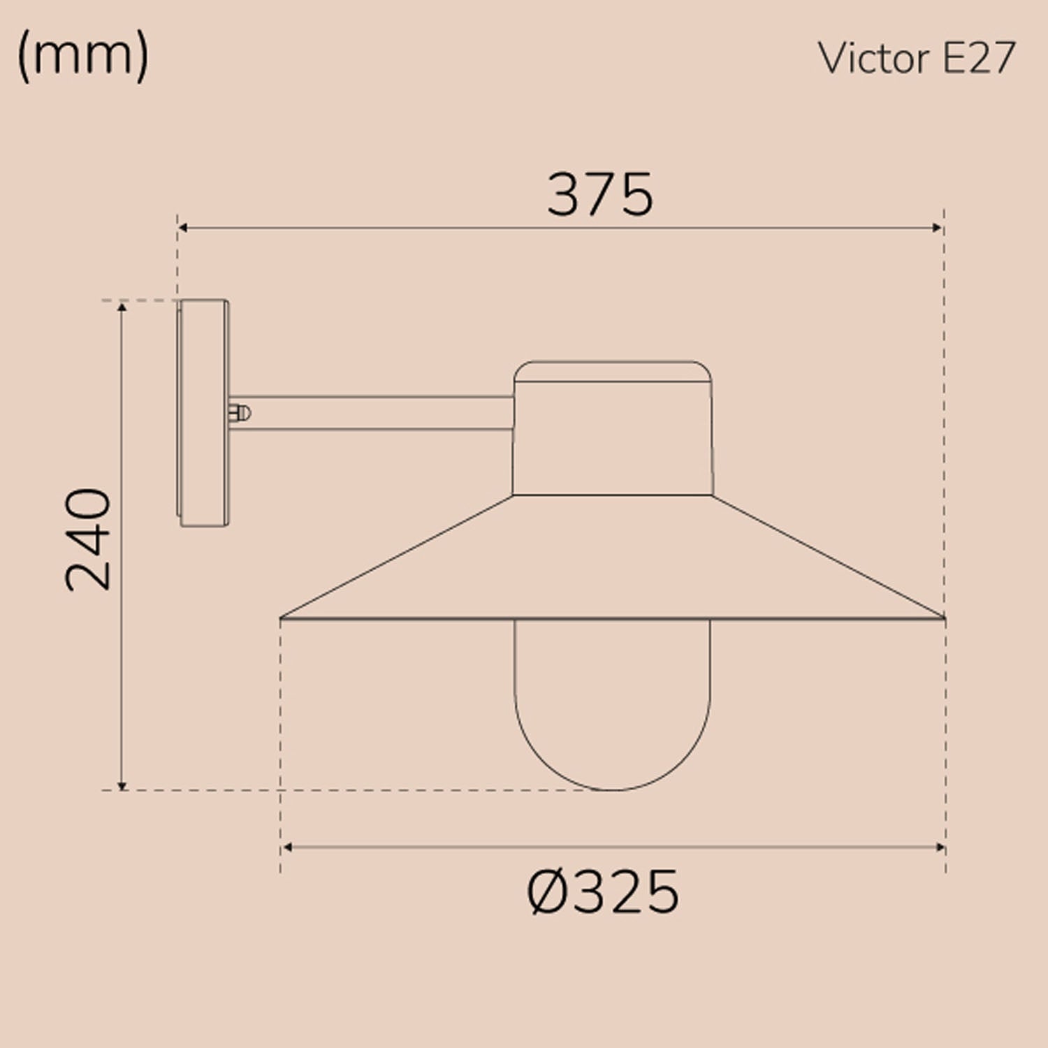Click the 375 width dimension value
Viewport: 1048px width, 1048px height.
click(x=599, y=194)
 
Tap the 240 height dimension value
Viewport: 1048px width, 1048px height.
click(x=89, y=540)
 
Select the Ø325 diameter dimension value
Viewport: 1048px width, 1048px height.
click(x=602, y=892)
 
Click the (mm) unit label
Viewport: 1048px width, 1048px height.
click(x=82, y=57)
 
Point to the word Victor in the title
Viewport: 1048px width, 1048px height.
click(x=874, y=58)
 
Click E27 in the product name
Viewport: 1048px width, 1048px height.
click(x=978, y=58)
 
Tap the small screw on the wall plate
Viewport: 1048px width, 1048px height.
click(x=239, y=413)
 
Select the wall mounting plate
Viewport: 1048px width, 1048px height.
click(x=203, y=413)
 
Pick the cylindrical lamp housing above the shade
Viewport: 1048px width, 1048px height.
click(x=613, y=440)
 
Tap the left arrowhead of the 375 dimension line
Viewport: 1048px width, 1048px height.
click(x=182, y=228)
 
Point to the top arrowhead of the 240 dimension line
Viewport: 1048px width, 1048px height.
click(x=122, y=307)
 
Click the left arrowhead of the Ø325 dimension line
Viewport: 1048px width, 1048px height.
click(x=286, y=847)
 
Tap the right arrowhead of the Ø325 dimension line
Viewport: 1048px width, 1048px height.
click(x=940, y=847)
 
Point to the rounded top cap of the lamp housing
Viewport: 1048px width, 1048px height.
click(x=613, y=371)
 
